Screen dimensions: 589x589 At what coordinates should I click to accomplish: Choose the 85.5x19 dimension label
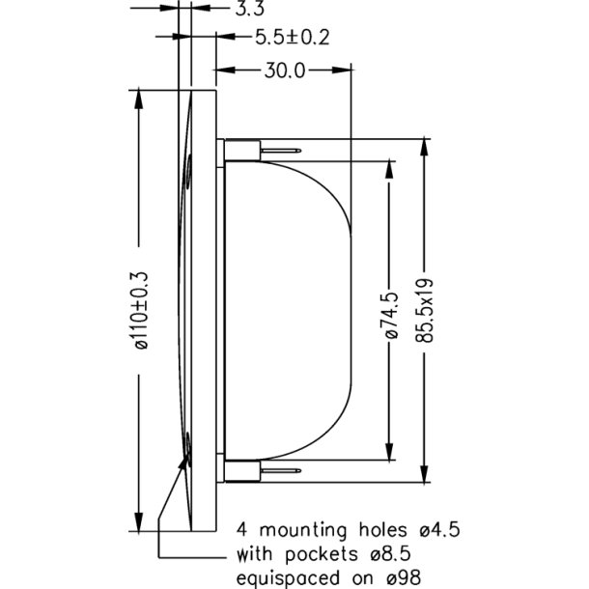[x=426, y=311]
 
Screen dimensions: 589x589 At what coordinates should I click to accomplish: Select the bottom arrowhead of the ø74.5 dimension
[x=390, y=460]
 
